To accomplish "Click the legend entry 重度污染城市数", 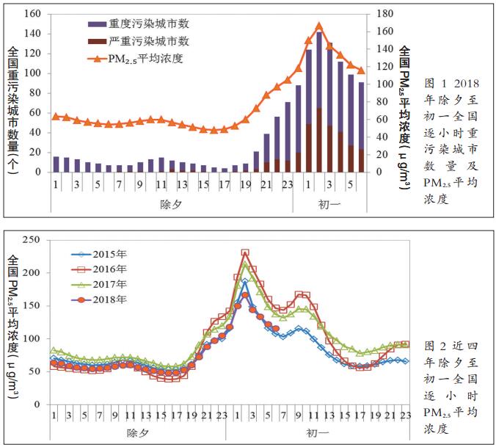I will pyautogui.click(x=149, y=24).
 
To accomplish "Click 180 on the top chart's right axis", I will pyautogui.click(x=384, y=14).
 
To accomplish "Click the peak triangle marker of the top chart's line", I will pyautogui.click(x=318, y=26).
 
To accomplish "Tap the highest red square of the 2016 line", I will pyautogui.click(x=245, y=253).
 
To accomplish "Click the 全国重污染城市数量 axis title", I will pyautogui.click(x=13, y=110).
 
